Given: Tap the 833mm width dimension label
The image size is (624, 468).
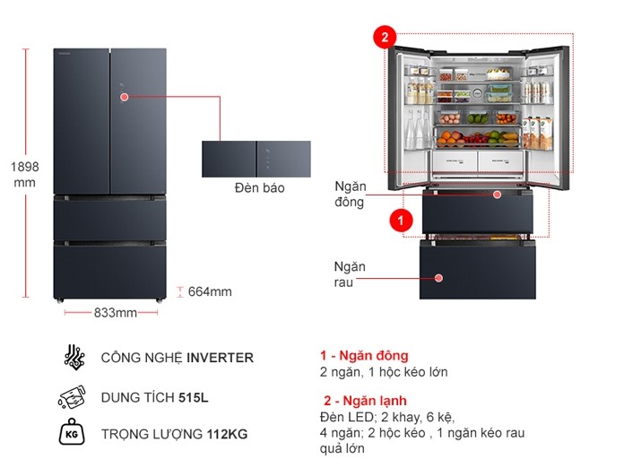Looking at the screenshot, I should click(x=115, y=313).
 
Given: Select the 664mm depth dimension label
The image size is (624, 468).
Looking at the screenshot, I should click(x=209, y=291).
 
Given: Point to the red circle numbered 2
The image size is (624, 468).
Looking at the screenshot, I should click(x=384, y=38).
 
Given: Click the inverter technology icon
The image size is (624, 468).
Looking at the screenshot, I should click(x=74, y=357).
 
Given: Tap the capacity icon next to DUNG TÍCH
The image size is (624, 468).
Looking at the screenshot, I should click(x=74, y=397).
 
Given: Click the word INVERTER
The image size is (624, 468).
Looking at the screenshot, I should click(x=220, y=358).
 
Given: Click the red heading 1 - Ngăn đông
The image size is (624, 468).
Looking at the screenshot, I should click(x=363, y=355).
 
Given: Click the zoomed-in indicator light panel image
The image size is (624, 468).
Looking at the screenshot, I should click(x=256, y=158).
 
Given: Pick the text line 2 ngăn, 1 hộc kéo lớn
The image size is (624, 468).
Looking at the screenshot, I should click(x=383, y=372).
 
